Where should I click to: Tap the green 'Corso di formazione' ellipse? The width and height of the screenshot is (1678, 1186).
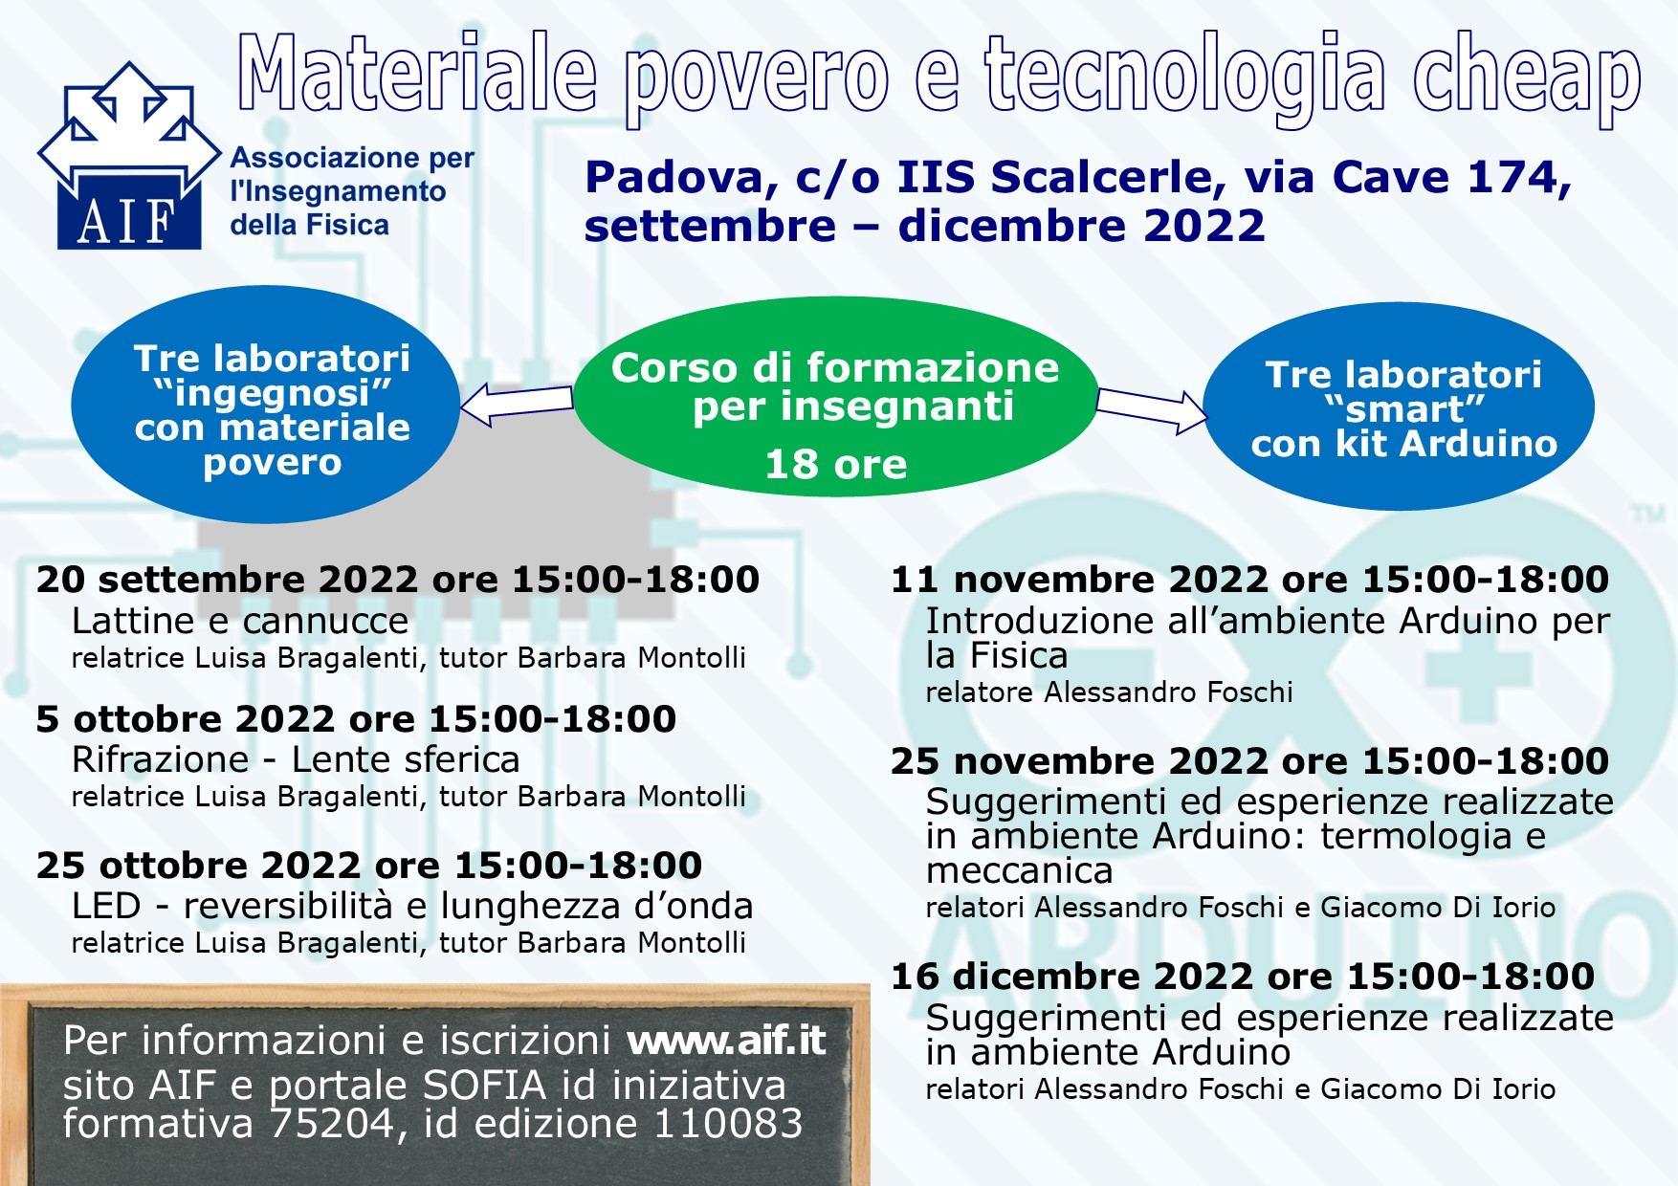[x=836, y=397]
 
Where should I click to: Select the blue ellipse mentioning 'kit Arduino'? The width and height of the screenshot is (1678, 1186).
[x=1399, y=406]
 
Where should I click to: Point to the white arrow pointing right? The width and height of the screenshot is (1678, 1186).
[x=1152, y=410]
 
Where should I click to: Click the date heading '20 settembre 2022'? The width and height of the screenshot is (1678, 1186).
[x=227, y=580]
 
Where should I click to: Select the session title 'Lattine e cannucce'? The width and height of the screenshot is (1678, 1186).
[x=240, y=622]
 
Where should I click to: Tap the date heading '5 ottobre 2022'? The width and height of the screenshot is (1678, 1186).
[x=186, y=719]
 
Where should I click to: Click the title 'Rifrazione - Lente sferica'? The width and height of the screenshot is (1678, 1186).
[x=296, y=760]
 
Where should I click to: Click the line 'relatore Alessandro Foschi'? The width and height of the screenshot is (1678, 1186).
[x=1109, y=692]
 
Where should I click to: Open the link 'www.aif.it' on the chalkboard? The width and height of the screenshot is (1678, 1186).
[x=726, y=1041]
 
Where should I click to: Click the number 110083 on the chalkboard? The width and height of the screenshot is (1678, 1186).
[x=727, y=1124]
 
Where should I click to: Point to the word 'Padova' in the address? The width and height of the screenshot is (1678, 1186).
[x=674, y=178]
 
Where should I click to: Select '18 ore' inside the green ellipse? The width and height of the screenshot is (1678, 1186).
[x=836, y=465]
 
